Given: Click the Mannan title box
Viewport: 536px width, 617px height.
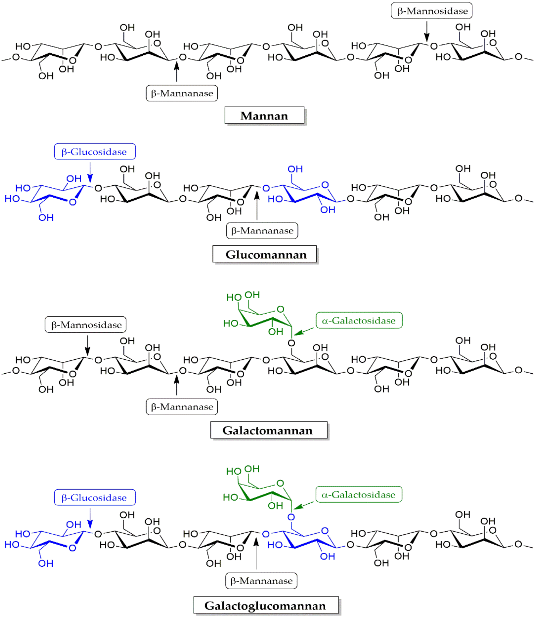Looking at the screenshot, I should coord(264,115).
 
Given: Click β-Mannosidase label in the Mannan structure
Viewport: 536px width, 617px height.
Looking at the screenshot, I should coord(431,11).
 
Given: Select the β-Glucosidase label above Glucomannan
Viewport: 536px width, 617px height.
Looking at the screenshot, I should coord(94,152).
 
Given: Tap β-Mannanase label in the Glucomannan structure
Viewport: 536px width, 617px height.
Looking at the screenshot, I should coord(262,231).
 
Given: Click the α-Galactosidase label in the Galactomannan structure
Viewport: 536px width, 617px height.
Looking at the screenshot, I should coord(359,321).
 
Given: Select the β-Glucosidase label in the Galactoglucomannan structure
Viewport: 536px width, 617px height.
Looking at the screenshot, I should coord(94,498).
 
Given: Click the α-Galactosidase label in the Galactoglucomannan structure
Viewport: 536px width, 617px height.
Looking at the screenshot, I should coord(359,494).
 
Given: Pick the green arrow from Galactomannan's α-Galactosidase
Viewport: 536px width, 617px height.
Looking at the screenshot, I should coord(304,332).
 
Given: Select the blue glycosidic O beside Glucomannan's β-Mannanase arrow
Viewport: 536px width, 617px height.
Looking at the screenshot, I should coord(266,188).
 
